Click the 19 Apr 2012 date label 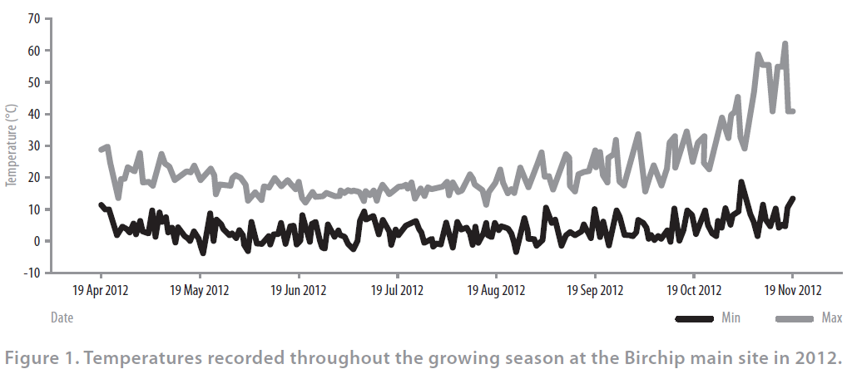(x=101, y=290)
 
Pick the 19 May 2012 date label (x=199, y=290)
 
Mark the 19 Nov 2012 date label (x=792, y=290)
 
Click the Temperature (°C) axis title (x=11, y=145)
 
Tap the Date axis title (x=62, y=317)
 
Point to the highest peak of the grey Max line (x=785, y=44)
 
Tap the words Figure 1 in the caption (x=38, y=358)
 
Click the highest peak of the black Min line (x=741, y=182)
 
